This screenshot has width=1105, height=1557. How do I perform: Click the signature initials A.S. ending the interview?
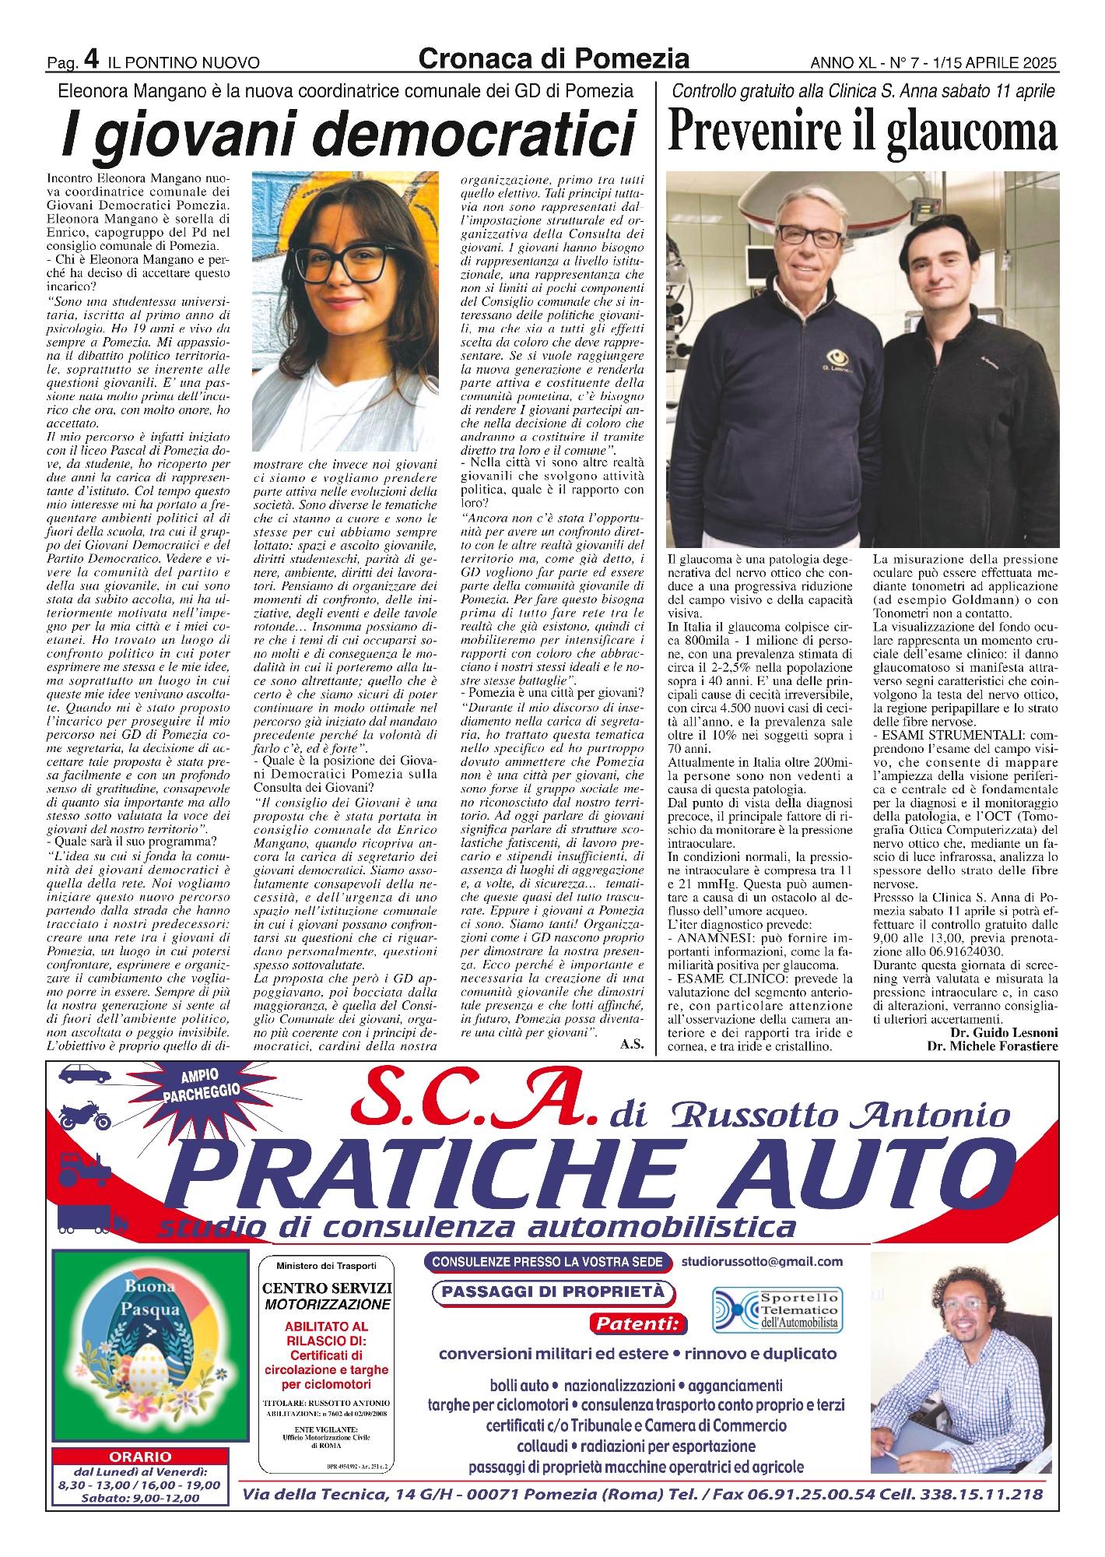pos(632,1044)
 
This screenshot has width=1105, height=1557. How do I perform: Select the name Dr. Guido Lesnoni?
pos(1004,1032)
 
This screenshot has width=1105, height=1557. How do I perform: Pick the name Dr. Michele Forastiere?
pos(992,1046)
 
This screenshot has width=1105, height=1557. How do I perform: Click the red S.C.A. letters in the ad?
pos(475,1099)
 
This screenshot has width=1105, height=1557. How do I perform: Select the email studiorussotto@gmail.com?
pos(762,1261)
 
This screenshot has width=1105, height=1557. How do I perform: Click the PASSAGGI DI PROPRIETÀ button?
pos(553,1292)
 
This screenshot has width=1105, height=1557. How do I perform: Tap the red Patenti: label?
pos(637,1323)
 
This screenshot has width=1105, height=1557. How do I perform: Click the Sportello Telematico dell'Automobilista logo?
pos(777,1310)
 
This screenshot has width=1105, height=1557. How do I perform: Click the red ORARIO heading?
pos(140,1456)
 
